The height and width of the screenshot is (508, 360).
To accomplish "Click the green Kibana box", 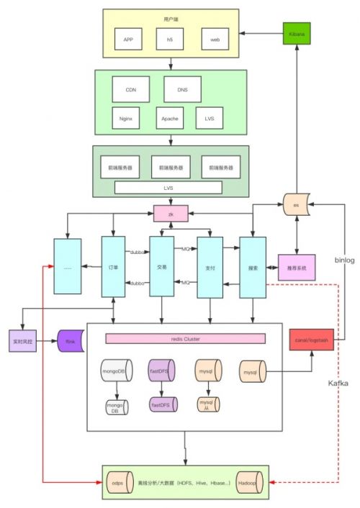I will click(x=294, y=34).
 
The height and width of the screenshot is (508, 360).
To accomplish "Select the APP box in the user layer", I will click(x=129, y=39).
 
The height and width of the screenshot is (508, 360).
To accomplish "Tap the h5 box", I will click(x=171, y=39).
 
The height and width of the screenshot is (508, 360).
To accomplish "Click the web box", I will click(x=215, y=39).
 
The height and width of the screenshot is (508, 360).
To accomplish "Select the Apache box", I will click(x=169, y=117).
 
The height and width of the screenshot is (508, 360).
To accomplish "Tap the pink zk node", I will click(x=171, y=214).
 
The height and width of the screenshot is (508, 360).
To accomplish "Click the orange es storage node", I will click(x=296, y=204).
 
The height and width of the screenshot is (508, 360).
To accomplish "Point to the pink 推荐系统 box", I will click(x=297, y=267).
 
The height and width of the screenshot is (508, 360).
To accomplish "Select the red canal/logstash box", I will click(x=311, y=339).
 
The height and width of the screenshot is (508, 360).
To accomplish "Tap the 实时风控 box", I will click(x=25, y=340).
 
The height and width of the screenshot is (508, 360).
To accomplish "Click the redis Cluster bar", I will click(x=185, y=338).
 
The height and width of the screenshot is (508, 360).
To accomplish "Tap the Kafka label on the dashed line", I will click(x=338, y=384).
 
